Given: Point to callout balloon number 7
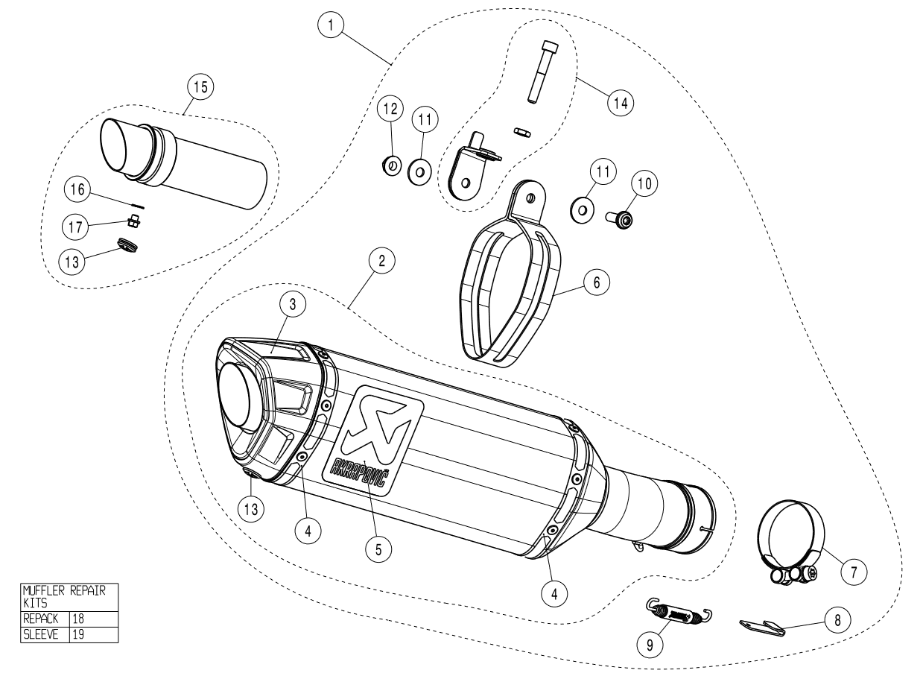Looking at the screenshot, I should (x=853, y=572).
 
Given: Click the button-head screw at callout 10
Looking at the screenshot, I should (x=622, y=218).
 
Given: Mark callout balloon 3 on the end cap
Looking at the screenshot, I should (x=293, y=303).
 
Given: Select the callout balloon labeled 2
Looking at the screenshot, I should (x=381, y=261).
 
